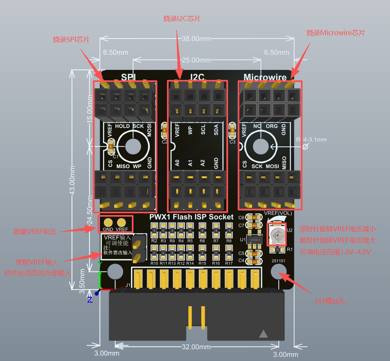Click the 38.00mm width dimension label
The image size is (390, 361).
[196, 38]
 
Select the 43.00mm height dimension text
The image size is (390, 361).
[73, 180]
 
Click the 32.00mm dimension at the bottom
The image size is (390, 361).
[196, 347]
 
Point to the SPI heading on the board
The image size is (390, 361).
[129, 77]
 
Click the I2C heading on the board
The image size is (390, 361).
[197, 77]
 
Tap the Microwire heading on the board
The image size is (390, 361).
[265, 77]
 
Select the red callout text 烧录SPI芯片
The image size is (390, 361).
[71, 39]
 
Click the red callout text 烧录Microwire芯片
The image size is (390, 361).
[336, 33]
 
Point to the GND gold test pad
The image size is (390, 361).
[108, 222]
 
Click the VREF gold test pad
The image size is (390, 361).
[122, 222]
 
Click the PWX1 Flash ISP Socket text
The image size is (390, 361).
[191, 217]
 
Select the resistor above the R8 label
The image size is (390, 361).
[229, 228]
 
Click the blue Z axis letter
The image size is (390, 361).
[90, 300]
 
